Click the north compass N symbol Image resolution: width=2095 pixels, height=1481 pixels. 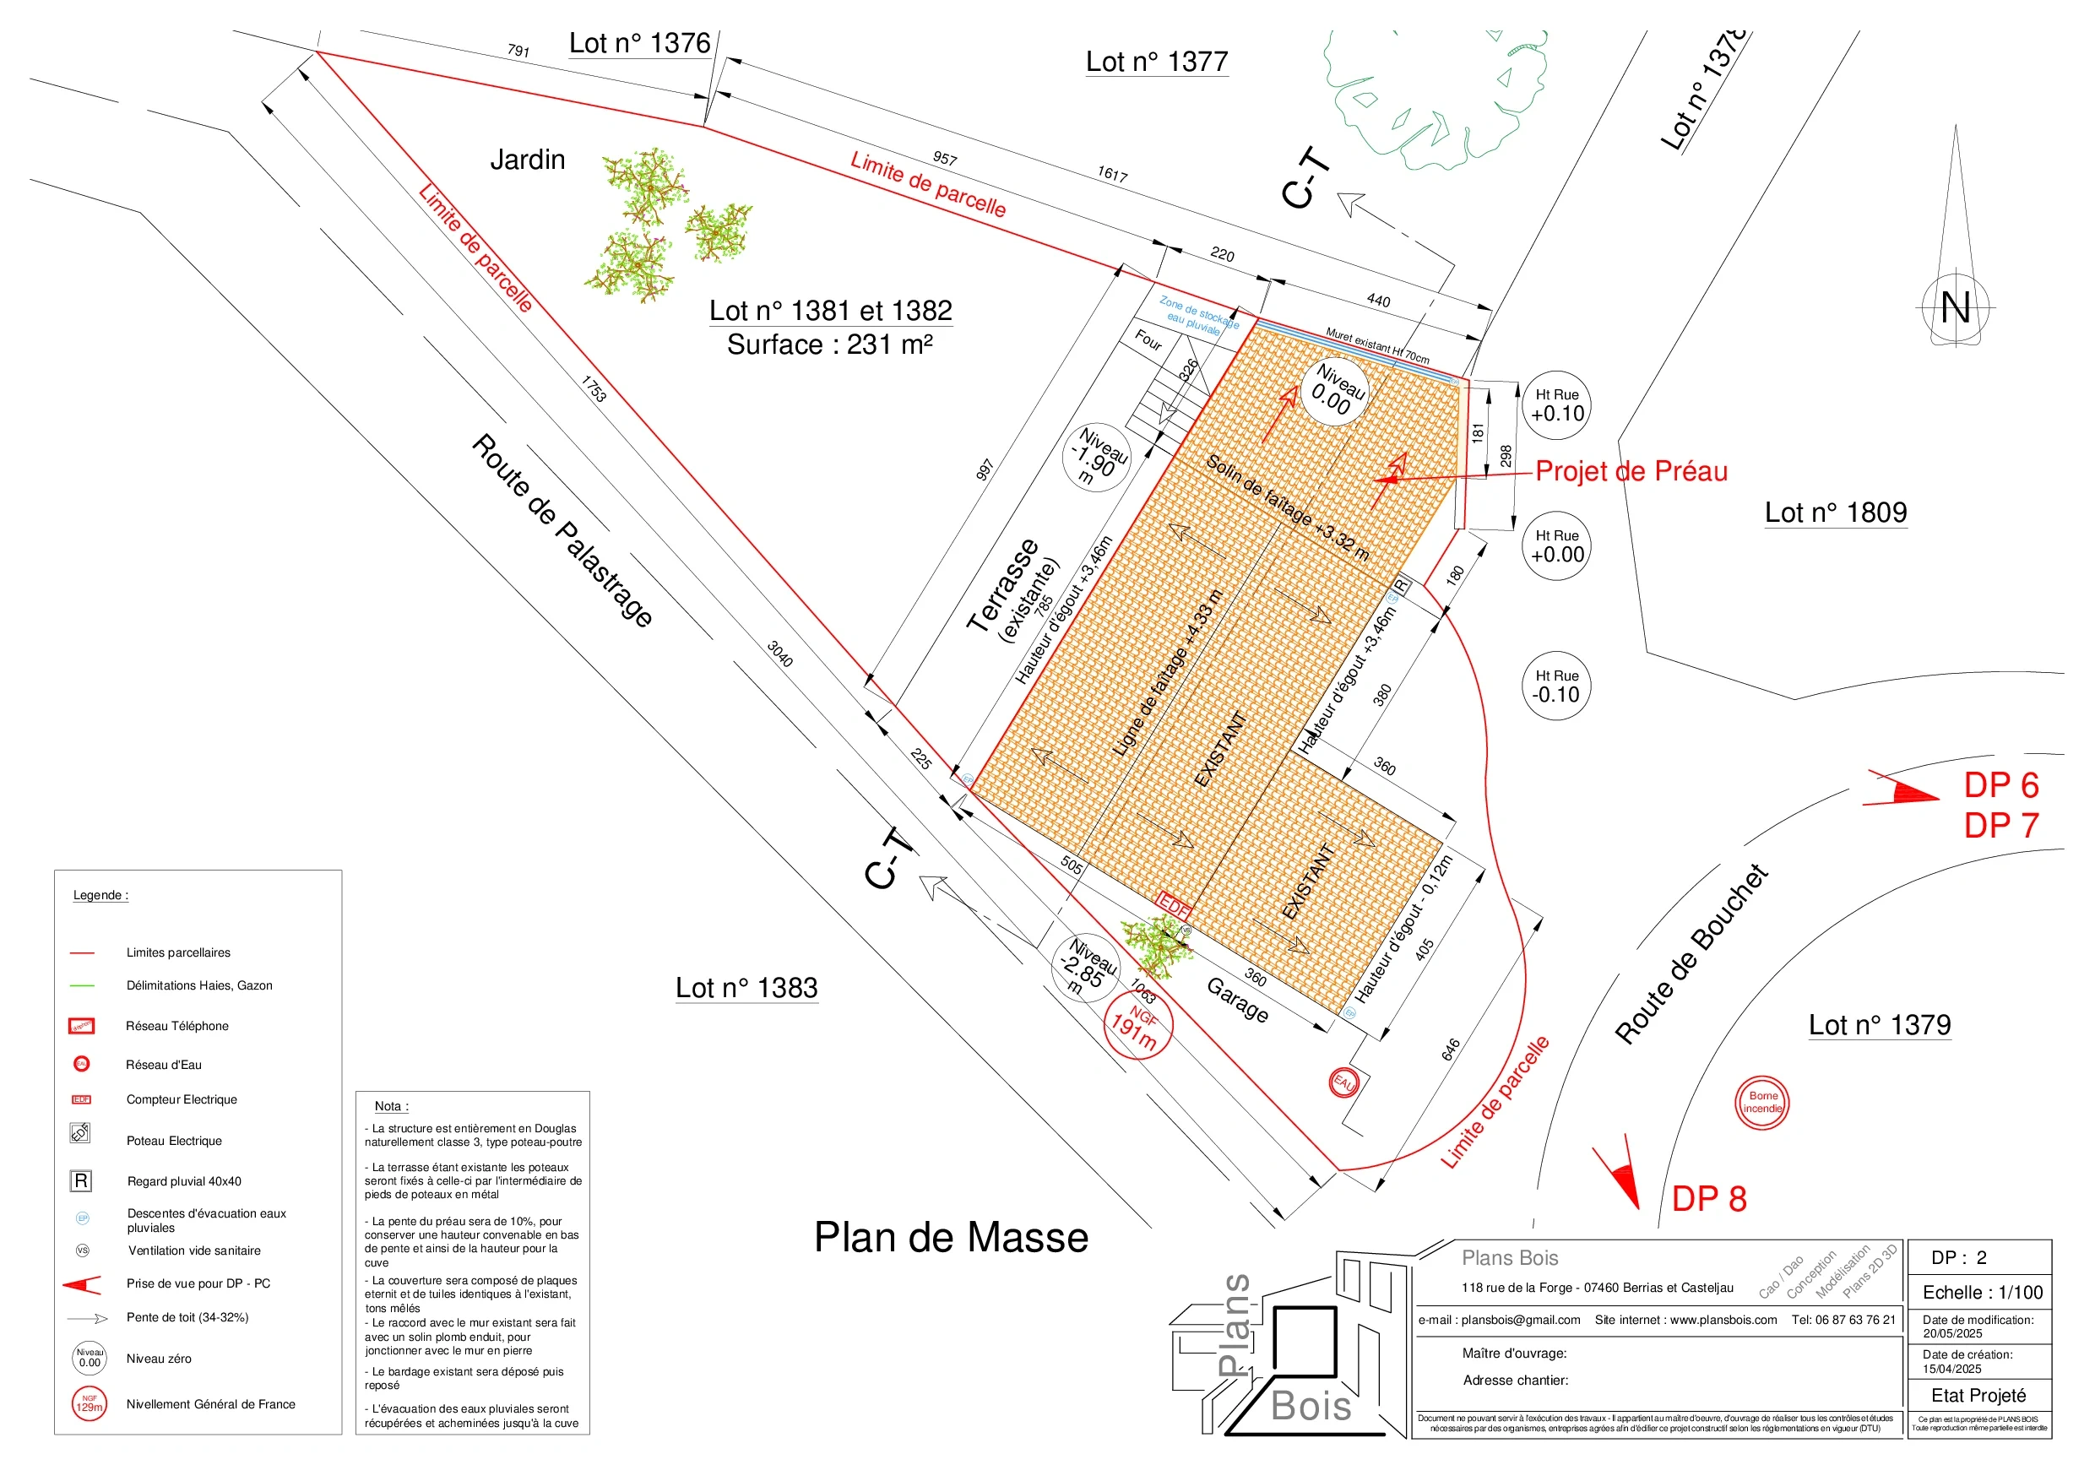[x=1955, y=307]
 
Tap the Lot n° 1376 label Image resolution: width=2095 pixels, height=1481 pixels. [x=638, y=43]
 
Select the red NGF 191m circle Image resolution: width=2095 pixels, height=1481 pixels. [x=1137, y=1025]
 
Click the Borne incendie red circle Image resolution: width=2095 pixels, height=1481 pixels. [x=1762, y=1103]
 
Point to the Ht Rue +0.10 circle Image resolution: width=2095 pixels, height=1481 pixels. [x=1556, y=405]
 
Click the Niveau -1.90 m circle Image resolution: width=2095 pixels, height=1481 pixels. [x=1097, y=457]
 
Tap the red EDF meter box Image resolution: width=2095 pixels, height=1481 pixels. [x=1174, y=907]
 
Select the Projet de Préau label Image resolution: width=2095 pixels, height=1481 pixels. [x=1631, y=472]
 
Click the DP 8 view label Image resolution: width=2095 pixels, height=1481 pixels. [x=1708, y=1199]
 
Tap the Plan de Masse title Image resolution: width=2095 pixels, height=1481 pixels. [x=951, y=1237]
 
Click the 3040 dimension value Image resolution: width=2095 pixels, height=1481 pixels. [x=779, y=654]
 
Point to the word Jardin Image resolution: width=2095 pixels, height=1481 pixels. [x=528, y=160]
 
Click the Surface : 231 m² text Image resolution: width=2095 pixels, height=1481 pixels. [x=829, y=345]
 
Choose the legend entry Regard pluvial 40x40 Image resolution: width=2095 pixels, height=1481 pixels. [x=184, y=1180]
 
